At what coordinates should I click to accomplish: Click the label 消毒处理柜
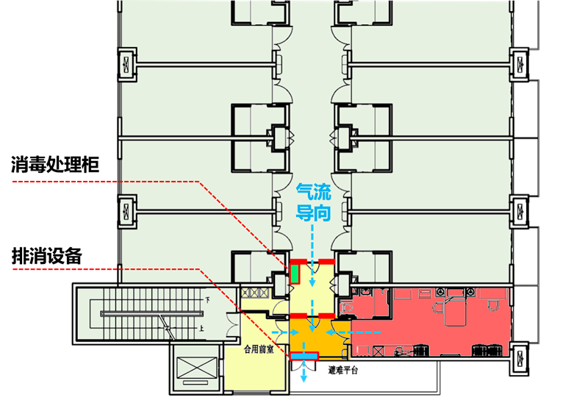(x=55, y=166)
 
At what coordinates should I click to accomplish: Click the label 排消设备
(x=46, y=257)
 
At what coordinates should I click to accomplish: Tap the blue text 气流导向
(x=313, y=203)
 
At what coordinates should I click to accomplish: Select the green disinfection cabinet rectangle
(x=295, y=274)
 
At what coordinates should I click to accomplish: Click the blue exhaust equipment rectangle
(x=304, y=356)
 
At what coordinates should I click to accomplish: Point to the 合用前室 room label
(x=259, y=351)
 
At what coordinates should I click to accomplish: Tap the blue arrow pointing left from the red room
(x=367, y=332)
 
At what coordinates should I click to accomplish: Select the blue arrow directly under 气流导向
(x=313, y=239)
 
